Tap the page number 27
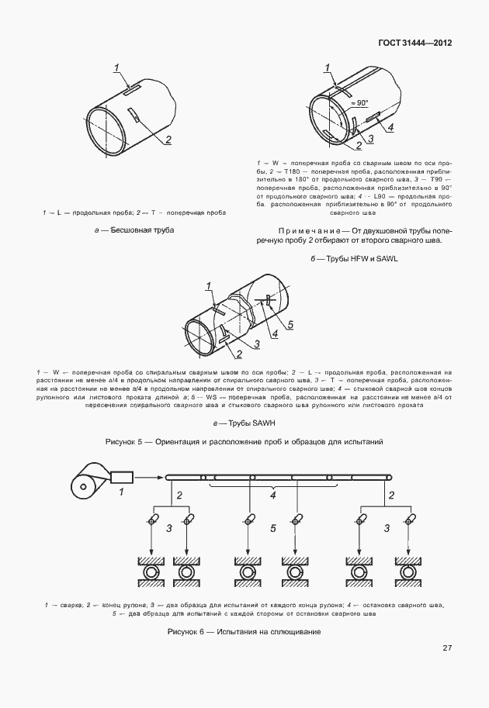point(447,648)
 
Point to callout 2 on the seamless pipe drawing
point(167,140)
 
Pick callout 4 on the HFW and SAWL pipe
point(390,128)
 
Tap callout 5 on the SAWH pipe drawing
point(290,325)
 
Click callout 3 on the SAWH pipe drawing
point(254,344)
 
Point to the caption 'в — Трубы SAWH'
point(244,423)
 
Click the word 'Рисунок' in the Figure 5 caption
point(122,441)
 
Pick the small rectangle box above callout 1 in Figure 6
point(123,477)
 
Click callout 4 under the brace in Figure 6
point(272,495)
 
